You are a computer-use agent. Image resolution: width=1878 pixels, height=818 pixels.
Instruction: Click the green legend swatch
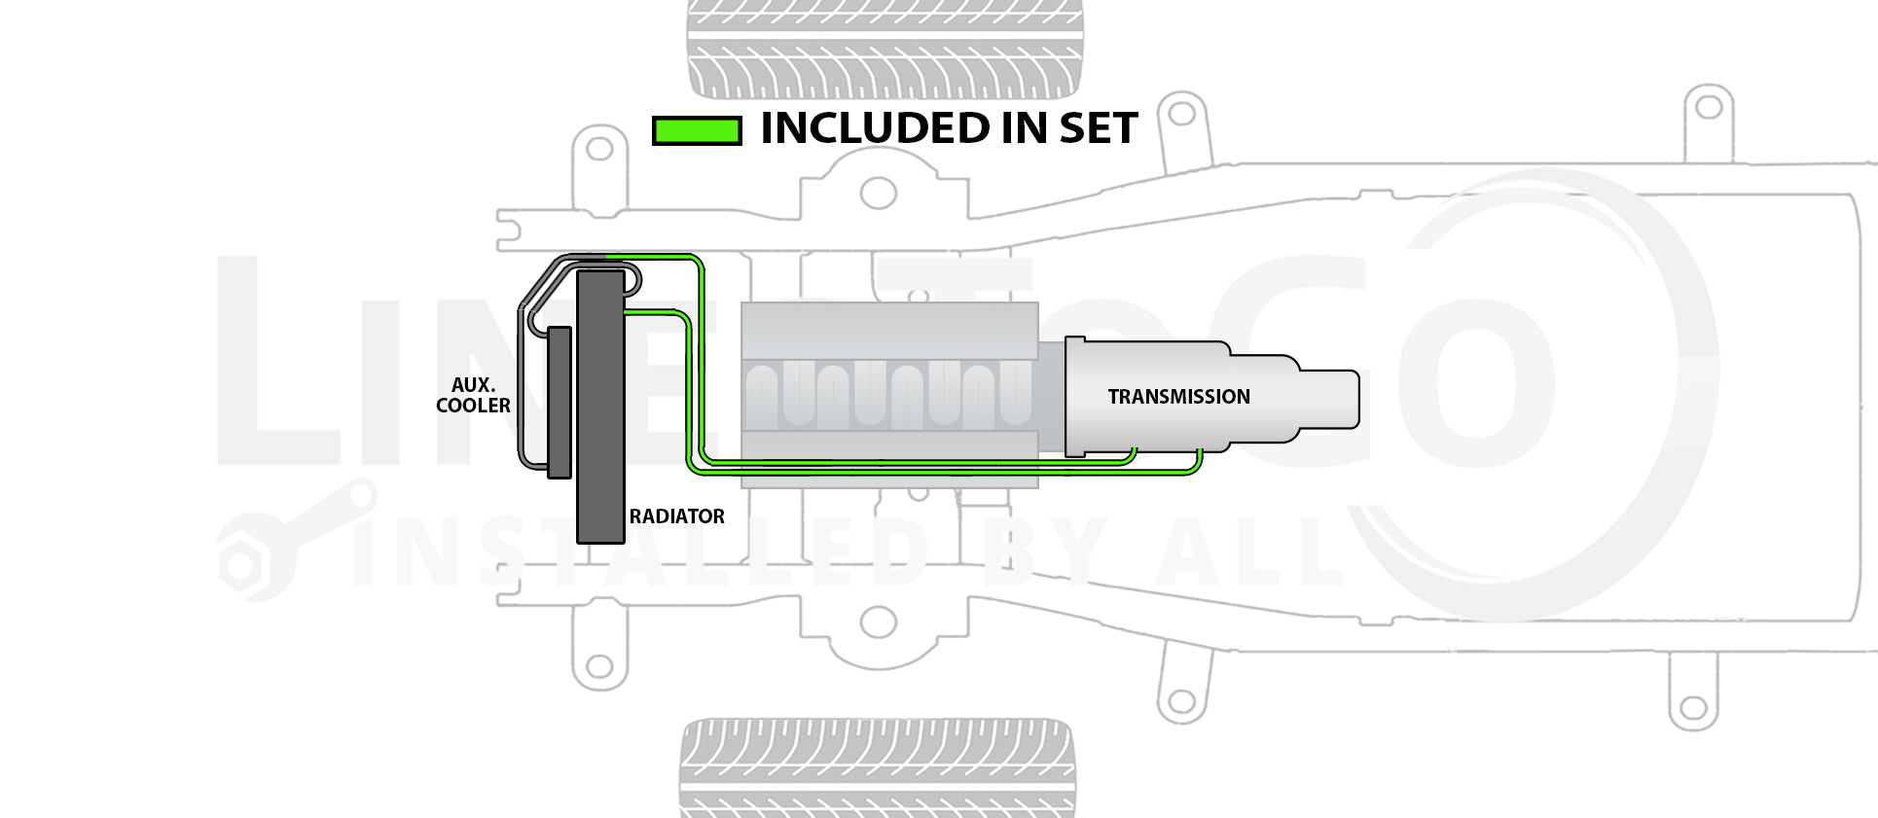[x=697, y=130]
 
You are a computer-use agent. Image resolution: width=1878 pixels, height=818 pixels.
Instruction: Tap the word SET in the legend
[x=1098, y=128]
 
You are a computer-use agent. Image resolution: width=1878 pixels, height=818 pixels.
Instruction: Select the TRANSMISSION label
[x=1178, y=397]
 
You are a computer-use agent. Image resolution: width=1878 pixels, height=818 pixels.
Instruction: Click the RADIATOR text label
[x=676, y=516]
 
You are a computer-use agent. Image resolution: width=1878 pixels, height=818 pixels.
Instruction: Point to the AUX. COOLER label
[x=473, y=396]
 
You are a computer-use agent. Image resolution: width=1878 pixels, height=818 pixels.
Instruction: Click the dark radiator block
[x=600, y=407]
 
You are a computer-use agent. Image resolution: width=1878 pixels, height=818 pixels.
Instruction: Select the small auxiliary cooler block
[x=560, y=403]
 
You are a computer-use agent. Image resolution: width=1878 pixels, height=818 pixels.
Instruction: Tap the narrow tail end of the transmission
[x=1329, y=399]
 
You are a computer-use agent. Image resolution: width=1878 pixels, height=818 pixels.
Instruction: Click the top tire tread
[x=885, y=49]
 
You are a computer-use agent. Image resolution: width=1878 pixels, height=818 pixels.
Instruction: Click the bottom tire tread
[x=878, y=767]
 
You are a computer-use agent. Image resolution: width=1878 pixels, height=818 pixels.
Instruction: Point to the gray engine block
[x=888, y=394]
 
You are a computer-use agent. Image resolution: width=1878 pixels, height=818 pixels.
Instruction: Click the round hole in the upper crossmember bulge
[x=878, y=193]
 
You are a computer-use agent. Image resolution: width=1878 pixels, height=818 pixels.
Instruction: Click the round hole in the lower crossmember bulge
[x=878, y=622]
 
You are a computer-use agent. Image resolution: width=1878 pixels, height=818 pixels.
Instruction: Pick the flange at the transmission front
[x=1075, y=397]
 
